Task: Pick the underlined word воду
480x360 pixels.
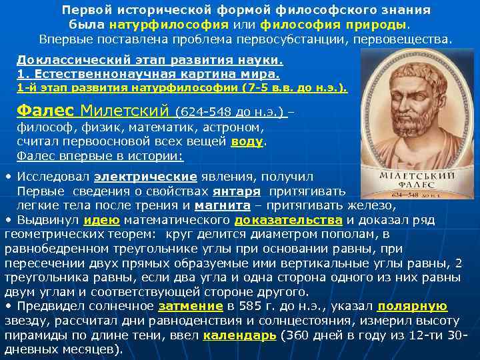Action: (247, 142)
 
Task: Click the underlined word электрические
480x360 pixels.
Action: (145, 177)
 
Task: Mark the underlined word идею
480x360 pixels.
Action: (102, 220)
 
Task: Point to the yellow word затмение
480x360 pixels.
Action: (191, 306)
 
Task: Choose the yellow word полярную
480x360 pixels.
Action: (412, 306)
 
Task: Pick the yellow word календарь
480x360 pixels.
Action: (239, 335)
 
